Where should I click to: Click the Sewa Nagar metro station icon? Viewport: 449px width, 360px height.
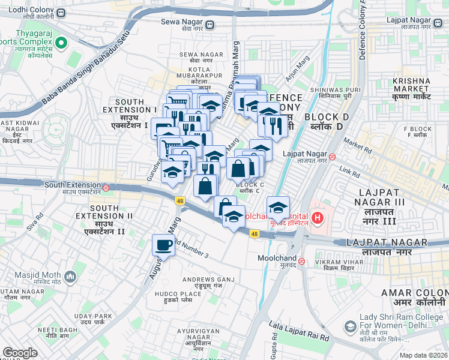(x=209, y=25)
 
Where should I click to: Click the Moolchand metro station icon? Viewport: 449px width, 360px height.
(x=302, y=261)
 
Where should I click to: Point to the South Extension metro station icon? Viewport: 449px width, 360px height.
(x=106, y=187)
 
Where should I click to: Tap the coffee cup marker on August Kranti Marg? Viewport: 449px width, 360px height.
(x=163, y=245)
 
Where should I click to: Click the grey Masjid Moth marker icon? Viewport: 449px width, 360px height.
(x=71, y=276)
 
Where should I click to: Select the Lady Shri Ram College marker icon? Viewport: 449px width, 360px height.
(x=350, y=326)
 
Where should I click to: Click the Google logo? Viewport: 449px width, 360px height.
(x=20, y=353)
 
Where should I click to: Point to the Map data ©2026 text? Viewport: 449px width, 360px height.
(x=423, y=355)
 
